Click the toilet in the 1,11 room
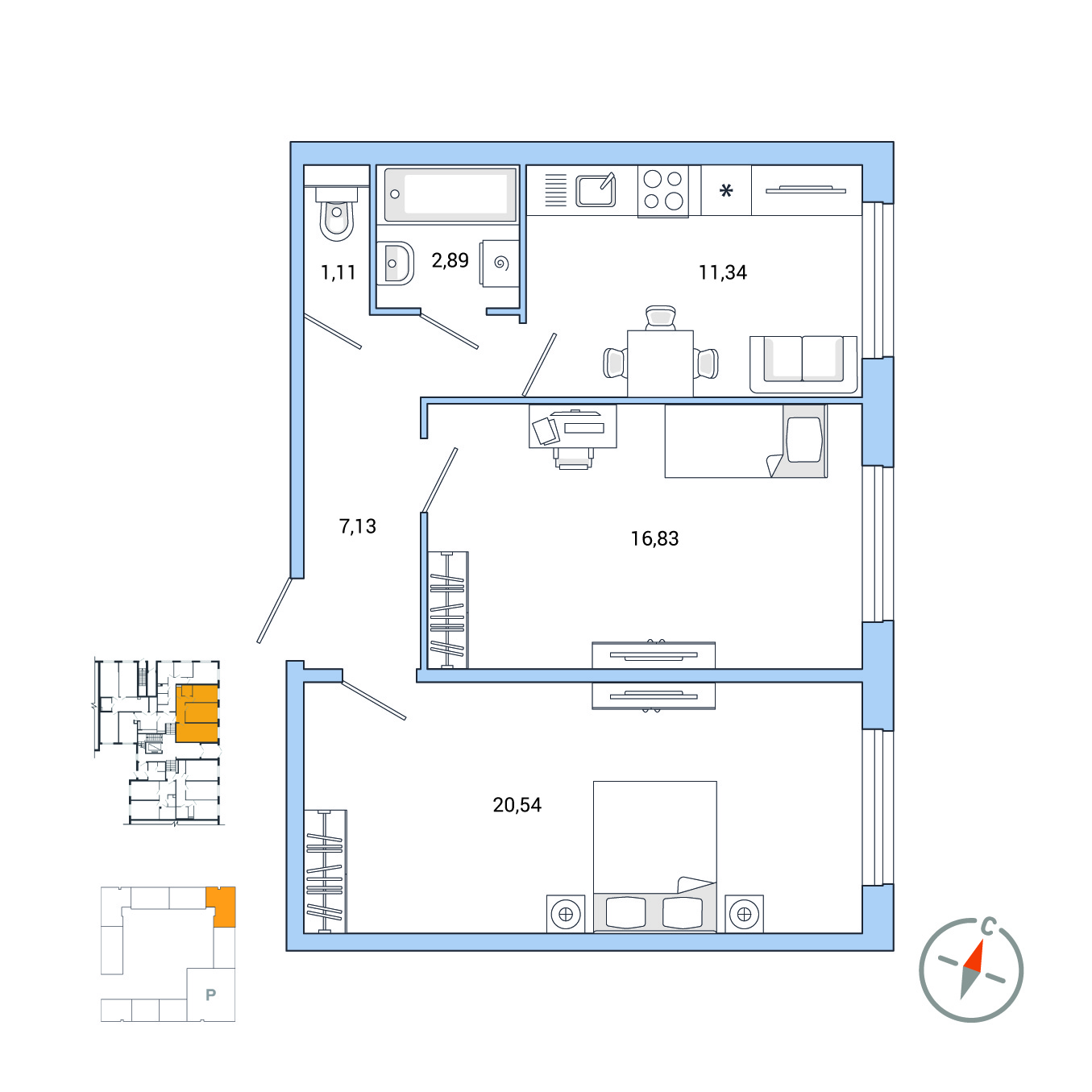pos(337,214)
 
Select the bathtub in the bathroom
pos(451,194)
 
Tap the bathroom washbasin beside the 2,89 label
pos(395,263)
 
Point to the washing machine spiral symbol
pos(501,263)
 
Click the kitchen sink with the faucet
pos(596,190)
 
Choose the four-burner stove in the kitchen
pos(663,190)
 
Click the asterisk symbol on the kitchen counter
pos(726,190)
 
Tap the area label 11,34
pos(723,272)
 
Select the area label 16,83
pos(654,538)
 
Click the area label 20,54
pos(517,804)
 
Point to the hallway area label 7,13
pos(358,526)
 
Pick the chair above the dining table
pos(660,318)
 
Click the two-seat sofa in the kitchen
pos(803,363)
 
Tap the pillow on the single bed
pos(804,440)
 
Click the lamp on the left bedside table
pos(566,914)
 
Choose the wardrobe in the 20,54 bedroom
pos(326,871)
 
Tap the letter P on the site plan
pos(211,994)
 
